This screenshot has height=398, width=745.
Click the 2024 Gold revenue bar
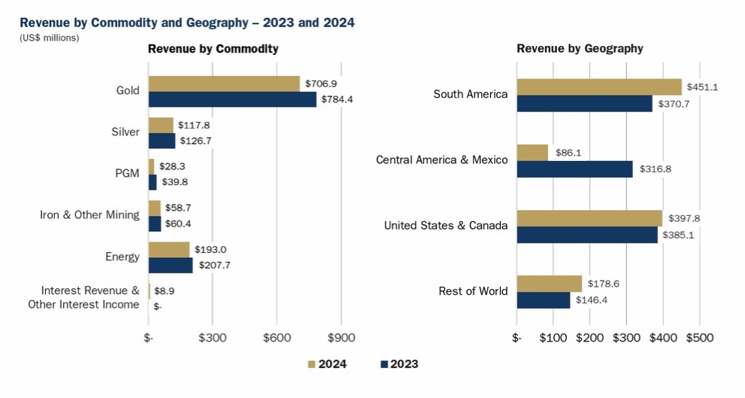pyautogui.click(x=224, y=84)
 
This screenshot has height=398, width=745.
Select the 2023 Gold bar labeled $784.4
pyautogui.click(x=232, y=99)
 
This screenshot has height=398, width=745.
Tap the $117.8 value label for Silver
pyautogui.click(x=195, y=126)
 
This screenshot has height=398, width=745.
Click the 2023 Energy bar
pyautogui.click(x=171, y=266)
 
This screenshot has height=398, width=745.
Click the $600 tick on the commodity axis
pyautogui.click(x=277, y=338)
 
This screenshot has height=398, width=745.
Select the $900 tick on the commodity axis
pyautogui.click(x=341, y=338)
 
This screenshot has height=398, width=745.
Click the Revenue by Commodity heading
pyautogui.click(x=213, y=49)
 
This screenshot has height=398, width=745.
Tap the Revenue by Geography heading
pyautogui.click(x=580, y=49)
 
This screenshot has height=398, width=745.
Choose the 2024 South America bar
pyautogui.click(x=599, y=87)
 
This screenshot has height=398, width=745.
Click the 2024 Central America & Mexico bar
pyautogui.click(x=532, y=153)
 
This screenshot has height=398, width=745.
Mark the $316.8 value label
pyautogui.click(x=656, y=169)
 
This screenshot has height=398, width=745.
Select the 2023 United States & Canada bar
pyautogui.click(x=587, y=235)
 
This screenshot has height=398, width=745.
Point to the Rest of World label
pyautogui.click(x=473, y=291)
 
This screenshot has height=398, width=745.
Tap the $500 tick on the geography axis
pyautogui.click(x=699, y=338)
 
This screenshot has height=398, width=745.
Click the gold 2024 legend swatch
pyautogui.click(x=311, y=365)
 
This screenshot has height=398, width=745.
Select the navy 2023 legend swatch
pyautogui.click(x=385, y=365)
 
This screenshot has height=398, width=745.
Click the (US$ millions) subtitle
pyautogui.click(x=49, y=37)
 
